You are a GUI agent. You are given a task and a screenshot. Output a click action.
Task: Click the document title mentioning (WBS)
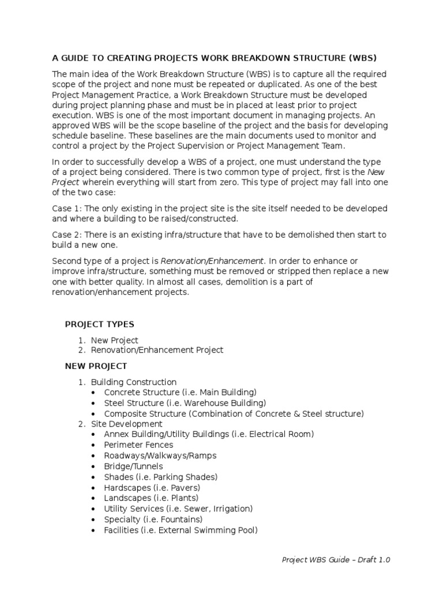coord(214,58)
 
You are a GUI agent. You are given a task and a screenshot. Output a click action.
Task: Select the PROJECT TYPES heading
coord(99,324)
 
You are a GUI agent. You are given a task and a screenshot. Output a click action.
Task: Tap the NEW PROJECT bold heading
coord(96,366)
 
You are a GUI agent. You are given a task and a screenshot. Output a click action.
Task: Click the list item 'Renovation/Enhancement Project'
coord(157,350)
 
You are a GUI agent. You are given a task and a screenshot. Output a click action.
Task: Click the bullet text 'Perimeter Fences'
coord(138,445)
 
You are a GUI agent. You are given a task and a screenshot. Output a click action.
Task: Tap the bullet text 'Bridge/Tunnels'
coord(133,466)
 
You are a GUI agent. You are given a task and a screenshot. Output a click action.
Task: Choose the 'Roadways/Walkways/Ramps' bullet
coord(160,456)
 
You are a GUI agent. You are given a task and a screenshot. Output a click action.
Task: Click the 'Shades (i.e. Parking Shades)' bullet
coord(160,477)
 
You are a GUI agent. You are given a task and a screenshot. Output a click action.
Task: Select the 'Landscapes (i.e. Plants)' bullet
coord(151,498)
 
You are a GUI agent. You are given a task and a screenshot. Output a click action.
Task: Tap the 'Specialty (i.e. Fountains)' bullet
coord(153,519)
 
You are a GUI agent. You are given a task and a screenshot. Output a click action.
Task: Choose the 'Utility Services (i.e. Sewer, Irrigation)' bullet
coord(178,508)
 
